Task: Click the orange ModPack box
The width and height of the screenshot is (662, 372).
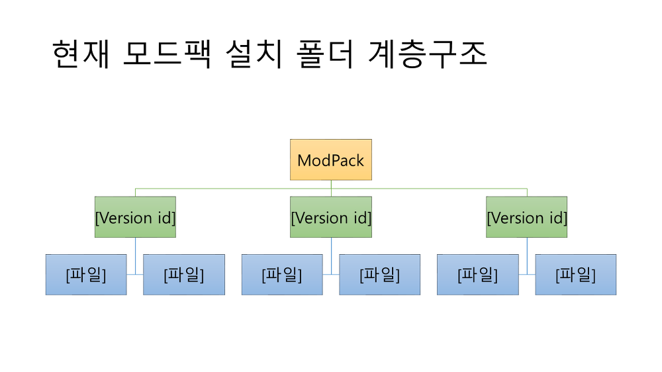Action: tap(331, 160)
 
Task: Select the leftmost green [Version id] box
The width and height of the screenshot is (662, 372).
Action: tap(135, 217)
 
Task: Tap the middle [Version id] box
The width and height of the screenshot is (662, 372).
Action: tap(331, 217)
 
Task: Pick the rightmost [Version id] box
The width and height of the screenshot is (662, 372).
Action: tap(526, 217)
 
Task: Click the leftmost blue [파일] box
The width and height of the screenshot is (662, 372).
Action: tap(86, 275)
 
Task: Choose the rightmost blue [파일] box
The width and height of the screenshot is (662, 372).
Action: tap(576, 275)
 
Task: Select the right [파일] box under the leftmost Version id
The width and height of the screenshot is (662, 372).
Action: tap(184, 275)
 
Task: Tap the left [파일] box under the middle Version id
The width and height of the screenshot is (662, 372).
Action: tap(282, 275)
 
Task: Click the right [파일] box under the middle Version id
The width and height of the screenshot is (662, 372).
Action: tap(379, 275)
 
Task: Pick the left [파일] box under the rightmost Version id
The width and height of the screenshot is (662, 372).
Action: tap(478, 275)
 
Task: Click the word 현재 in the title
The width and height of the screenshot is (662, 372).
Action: tap(81, 54)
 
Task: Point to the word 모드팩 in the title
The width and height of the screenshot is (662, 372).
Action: tap(167, 54)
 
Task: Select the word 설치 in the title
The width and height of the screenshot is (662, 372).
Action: tap(254, 54)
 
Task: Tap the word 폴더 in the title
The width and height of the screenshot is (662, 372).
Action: tap(324, 54)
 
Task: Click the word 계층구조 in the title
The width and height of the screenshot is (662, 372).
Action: tap(428, 54)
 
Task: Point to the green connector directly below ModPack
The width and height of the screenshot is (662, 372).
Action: tap(331, 189)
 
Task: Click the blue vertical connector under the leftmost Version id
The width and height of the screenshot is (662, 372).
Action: tap(136, 256)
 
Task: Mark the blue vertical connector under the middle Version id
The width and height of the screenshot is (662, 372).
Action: tap(332, 256)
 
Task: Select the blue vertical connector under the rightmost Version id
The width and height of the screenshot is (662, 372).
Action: tap(527, 256)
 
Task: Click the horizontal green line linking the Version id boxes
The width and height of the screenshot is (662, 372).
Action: tap(331, 189)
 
